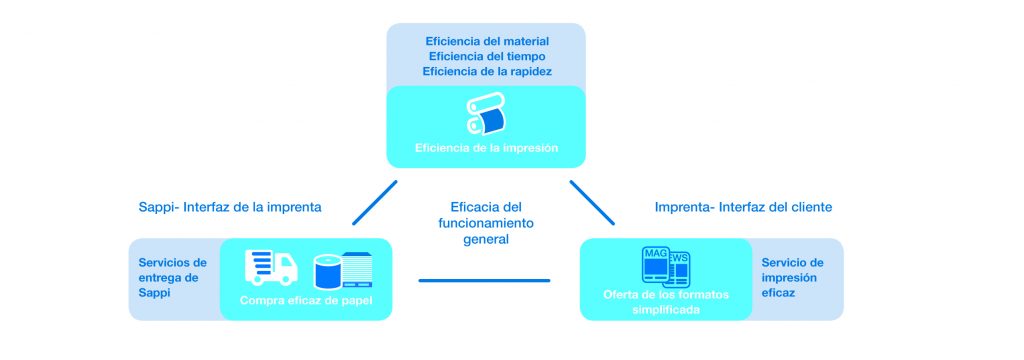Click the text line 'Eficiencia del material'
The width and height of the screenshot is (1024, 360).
[x=487, y=41]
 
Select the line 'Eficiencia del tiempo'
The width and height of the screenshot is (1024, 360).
[x=487, y=56]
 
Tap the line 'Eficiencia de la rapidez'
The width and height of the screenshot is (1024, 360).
[x=487, y=71]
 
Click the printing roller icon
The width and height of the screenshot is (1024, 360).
[x=486, y=114]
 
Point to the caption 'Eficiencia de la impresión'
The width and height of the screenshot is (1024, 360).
[x=487, y=148]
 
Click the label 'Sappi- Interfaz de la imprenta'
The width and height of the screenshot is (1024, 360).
[x=230, y=207]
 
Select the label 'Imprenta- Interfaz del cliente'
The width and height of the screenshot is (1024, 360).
[x=743, y=207]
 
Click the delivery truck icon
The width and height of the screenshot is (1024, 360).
[x=271, y=268]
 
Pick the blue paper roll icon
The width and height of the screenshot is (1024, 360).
[x=328, y=272]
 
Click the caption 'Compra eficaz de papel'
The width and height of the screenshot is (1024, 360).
[x=306, y=301]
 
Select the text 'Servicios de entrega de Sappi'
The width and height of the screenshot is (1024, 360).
[x=172, y=278]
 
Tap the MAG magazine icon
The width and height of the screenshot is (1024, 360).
[x=656, y=265]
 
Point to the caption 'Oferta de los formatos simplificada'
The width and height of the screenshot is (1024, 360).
[x=665, y=302]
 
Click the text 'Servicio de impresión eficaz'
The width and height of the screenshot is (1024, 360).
[x=792, y=278]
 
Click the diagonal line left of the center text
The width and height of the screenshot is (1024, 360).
[x=375, y=203]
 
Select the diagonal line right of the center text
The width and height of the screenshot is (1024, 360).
[x=592, y=203]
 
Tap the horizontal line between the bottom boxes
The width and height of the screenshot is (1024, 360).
[x=484, y=280]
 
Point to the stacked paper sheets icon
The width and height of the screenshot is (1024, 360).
[x=357, y=271]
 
